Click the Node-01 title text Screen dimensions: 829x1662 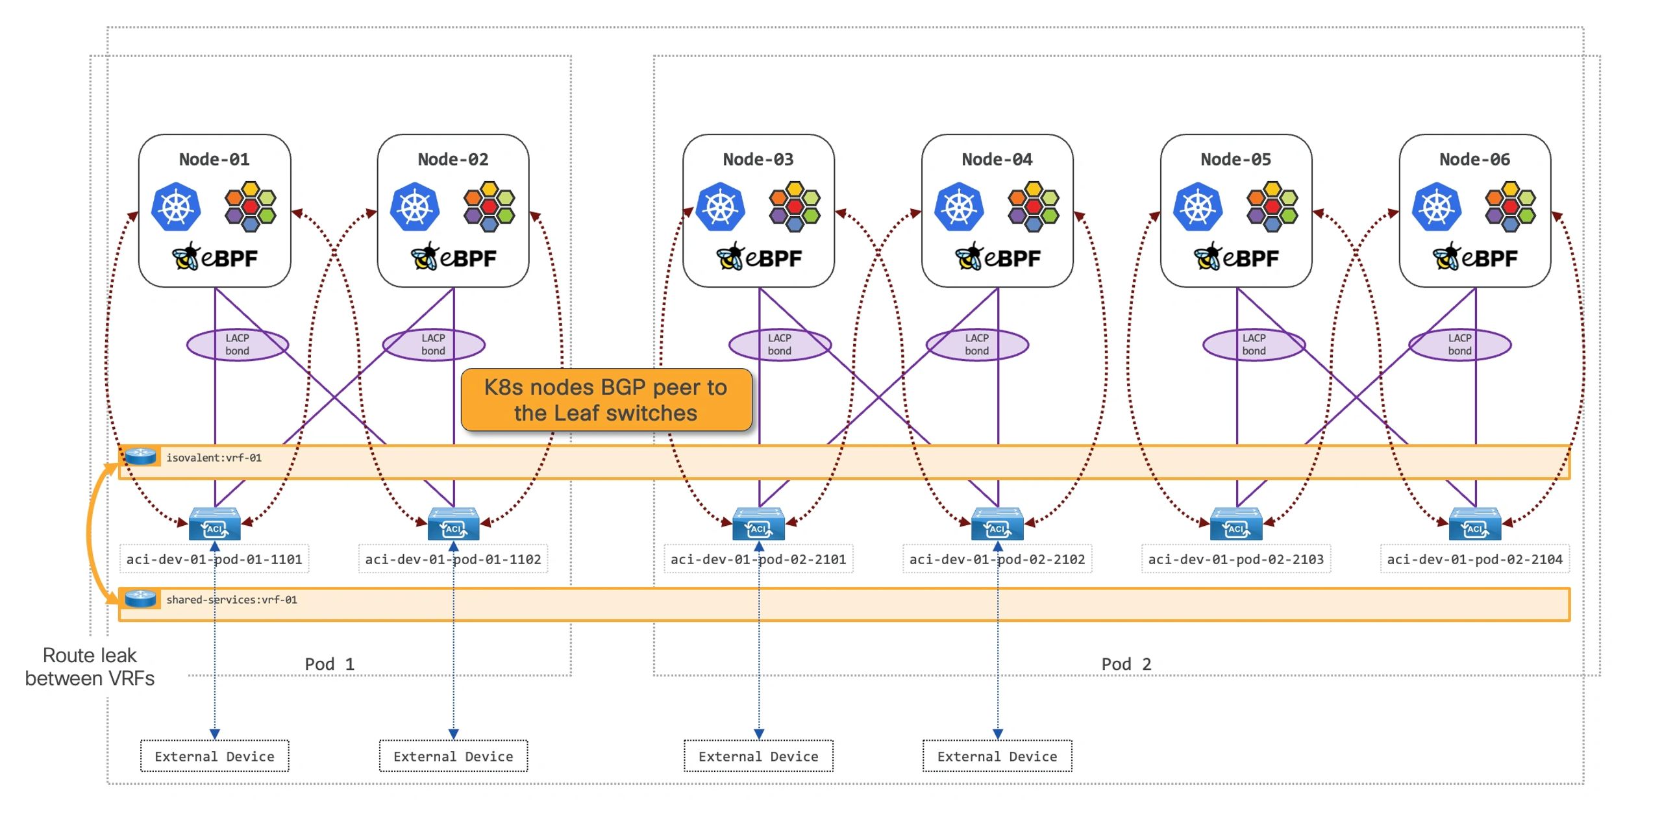click(x=214, y=159)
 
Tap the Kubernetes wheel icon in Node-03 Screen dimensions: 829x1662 click(x=720, y=207)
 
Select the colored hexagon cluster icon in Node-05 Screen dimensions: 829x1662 click(x=1272, y=207)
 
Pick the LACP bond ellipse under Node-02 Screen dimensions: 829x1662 click(x=434, y=345)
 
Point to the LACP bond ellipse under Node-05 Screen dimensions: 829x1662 click(x=1254, y=345)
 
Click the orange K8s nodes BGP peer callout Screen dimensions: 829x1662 click(x=606, y=400)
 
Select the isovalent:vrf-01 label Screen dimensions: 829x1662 click(x=214, y=458)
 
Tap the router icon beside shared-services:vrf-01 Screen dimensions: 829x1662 click(x=140, y=598)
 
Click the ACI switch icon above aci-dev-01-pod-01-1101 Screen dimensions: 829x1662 click(x=215, y=525)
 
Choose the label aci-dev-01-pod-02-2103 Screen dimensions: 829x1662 click(x=1235, y=559)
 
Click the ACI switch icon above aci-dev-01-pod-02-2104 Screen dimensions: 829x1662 click(x=1475, y=525)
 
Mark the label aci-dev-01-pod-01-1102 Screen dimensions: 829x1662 click(x=453, y=559)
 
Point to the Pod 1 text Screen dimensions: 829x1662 click(x=330, y=664)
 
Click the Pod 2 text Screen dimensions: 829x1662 click(x=1126, y=664)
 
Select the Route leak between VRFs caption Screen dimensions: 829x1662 click(x=90, y=667)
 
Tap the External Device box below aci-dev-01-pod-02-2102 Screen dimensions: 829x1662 click(x=997, y=756)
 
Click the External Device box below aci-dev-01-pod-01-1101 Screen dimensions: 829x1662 click(x=215, y=756)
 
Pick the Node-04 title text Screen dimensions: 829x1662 click(x=997, y=159)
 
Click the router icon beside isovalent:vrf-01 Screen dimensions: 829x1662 click(x=140, y=456)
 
